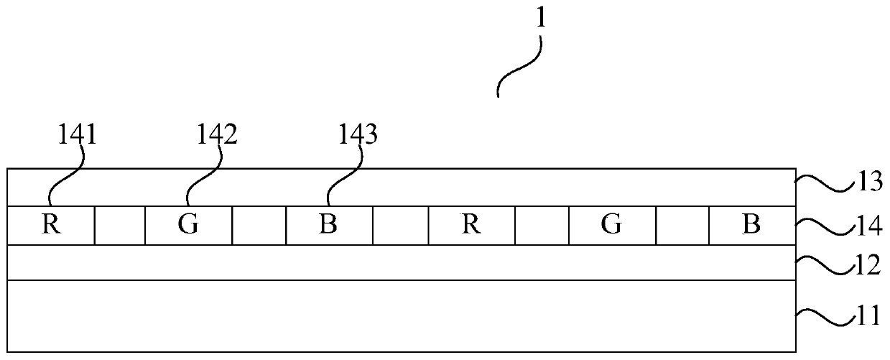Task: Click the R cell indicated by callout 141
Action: coord(50,226)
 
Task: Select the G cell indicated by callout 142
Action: coord(188,226)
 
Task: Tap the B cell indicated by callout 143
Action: coord(329,226)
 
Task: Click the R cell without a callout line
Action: coord(471,226)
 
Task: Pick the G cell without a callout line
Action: coord(611,226)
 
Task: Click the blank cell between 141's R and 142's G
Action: coord(120,226)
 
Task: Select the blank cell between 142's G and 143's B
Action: coord(259,226)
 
